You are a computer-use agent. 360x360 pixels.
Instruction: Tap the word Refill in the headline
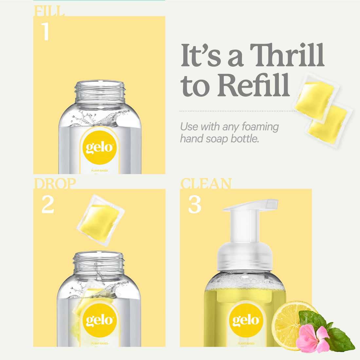[254, 85]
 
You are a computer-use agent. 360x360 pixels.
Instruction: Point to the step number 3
[194, 205]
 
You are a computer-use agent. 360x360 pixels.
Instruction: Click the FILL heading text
[49, 11]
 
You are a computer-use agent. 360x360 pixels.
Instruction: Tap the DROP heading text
[55, 184]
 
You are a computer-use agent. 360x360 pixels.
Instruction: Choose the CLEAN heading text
[206, 184]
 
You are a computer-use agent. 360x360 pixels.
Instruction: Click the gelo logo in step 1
[99, 148]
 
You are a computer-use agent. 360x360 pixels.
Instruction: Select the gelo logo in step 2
[99, 320]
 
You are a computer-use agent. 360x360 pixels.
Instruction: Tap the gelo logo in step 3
[246, 320]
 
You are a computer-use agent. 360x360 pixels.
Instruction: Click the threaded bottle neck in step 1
[100, 91]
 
